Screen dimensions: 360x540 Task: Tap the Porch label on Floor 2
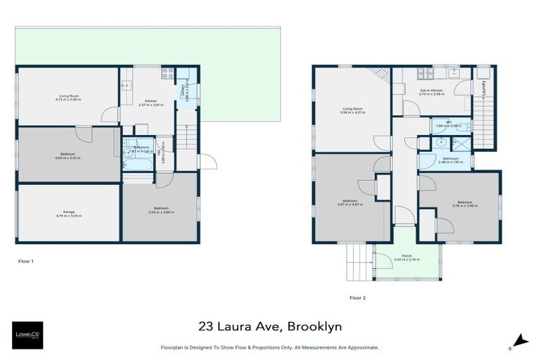click(406, 255)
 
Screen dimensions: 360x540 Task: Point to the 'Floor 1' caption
click(26, 261)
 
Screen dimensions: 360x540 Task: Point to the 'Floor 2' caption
click(357, 297)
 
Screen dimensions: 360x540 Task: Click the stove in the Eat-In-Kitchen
click(426, 72)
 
